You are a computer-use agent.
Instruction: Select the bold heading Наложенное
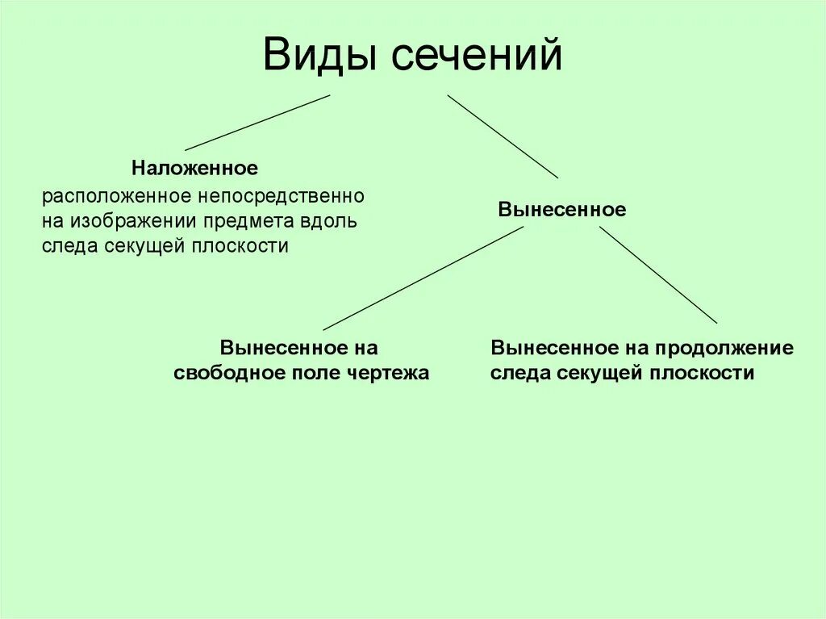[x=195, y=169]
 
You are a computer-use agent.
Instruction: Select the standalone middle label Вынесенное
[x=561, y=210]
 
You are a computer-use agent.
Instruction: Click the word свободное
[x=228, y=374]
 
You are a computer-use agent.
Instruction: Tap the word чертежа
[x=390, y=374]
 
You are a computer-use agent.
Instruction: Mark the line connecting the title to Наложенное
[x=257, y=123]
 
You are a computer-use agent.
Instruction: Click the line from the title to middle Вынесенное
[x=503, y=136]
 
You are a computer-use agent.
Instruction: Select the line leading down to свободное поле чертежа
[x=423, y=278]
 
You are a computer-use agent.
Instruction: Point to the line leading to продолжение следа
[x=658, y=274]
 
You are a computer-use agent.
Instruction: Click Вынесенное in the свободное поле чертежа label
[x=275, y=349]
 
